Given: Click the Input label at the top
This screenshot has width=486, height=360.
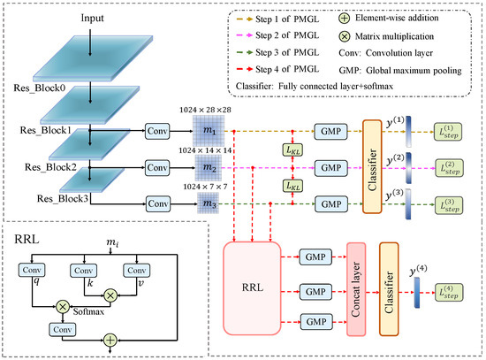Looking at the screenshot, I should (74, 18).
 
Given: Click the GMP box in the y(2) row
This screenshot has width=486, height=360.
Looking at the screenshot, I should (328, 166).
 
